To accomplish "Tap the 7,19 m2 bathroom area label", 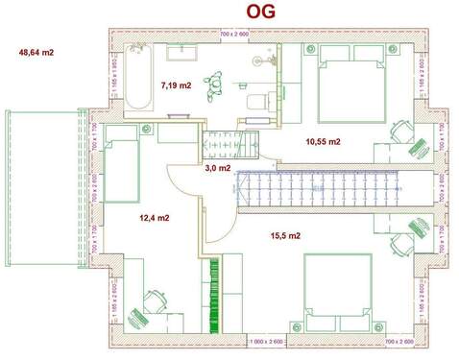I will point(176,84).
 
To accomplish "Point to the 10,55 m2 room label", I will point(323,141).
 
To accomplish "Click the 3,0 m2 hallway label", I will point(218,167).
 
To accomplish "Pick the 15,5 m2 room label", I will point(286,235).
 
